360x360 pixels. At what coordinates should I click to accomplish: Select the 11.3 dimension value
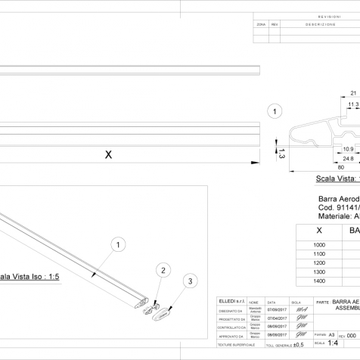pos(352,105)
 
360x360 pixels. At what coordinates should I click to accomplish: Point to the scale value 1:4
pos(333,342)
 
